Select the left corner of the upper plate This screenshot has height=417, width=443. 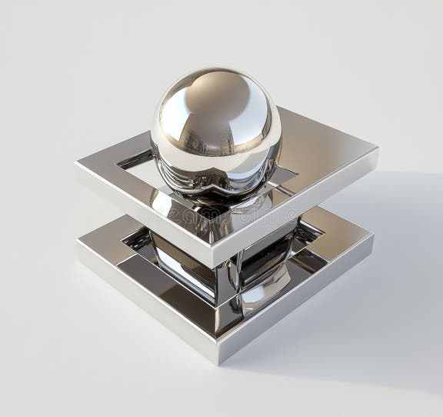pos(76,162)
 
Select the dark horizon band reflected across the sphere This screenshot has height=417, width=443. pos(215,146)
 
